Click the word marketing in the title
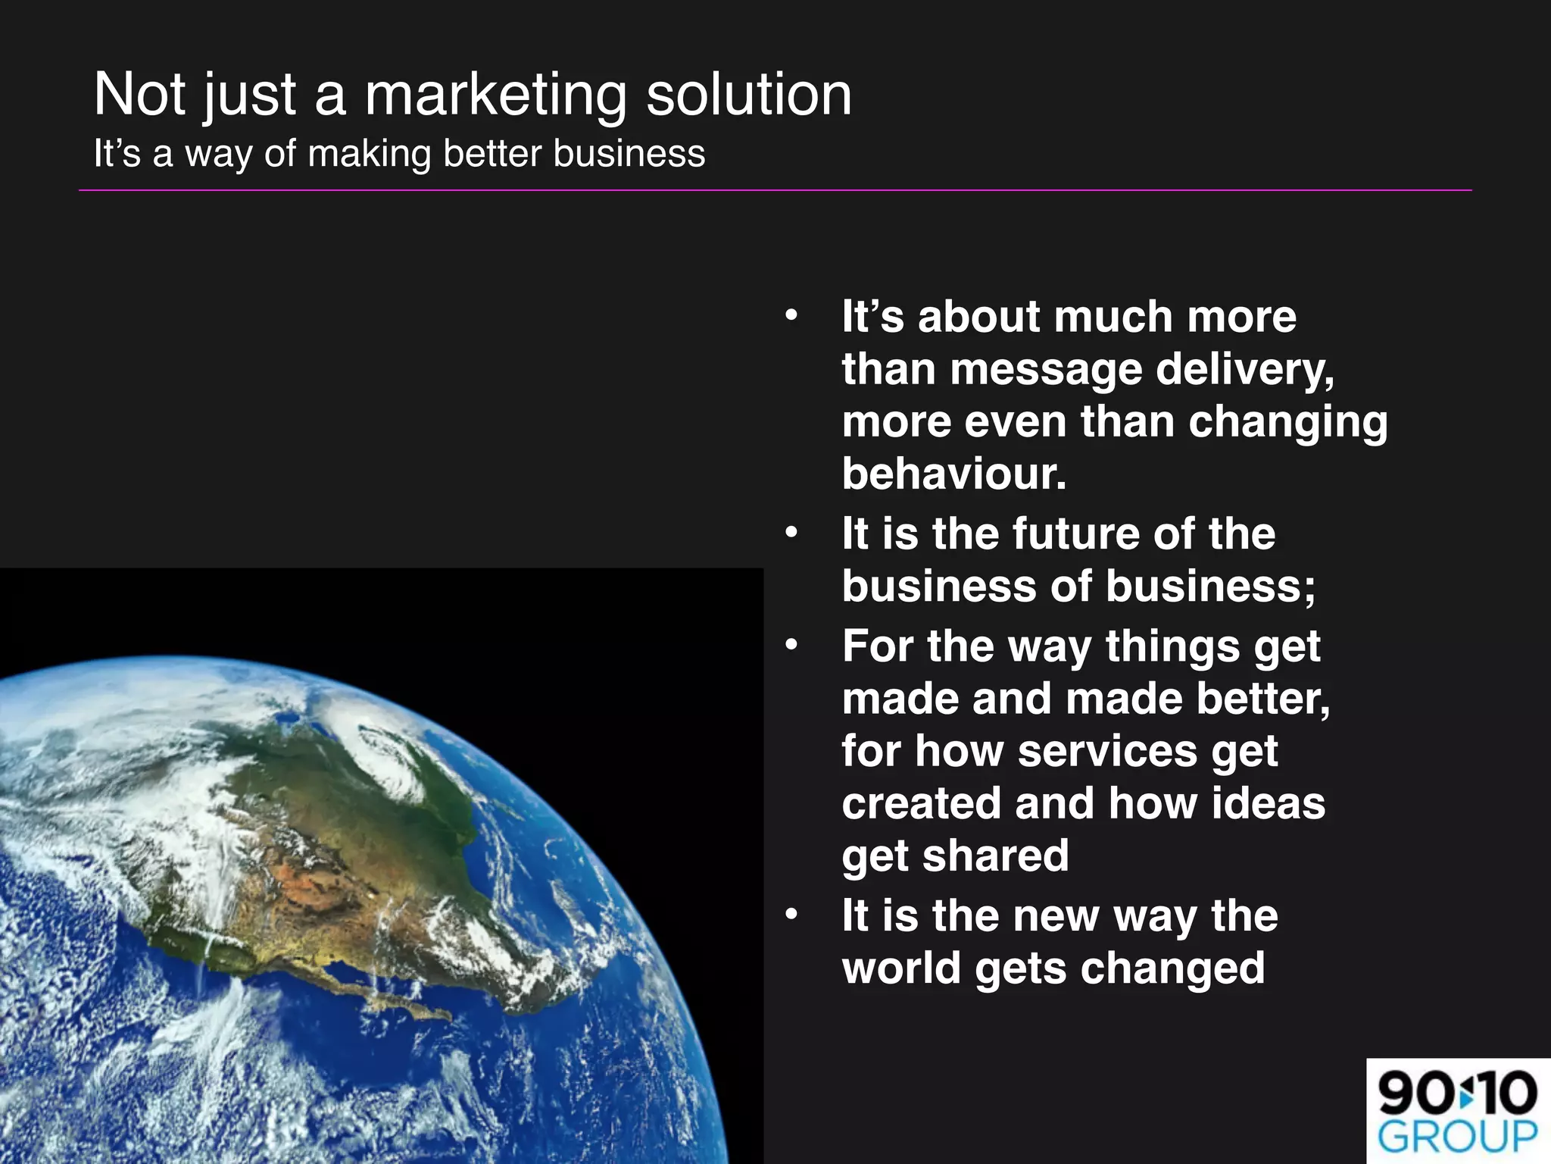coord(495,95)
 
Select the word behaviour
coord(954,474)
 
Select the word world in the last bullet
coord(900,968)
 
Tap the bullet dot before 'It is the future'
coord(791,532)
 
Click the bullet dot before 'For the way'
coord(791,645)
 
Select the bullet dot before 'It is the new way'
coord(791,915)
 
